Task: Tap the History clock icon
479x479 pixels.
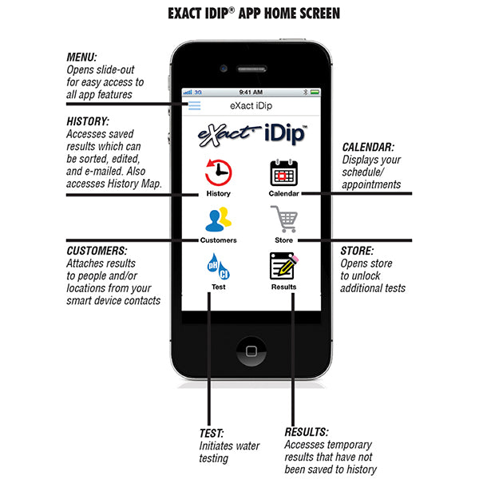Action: [218, 172]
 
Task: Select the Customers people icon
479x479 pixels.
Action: [218, 219]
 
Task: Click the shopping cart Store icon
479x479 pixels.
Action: [284, 219]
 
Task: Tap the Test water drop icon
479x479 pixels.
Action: [218, 265]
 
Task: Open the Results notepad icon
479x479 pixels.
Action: [283, 265]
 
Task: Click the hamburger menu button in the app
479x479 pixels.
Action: [194, 105]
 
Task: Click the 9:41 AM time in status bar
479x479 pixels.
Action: [251, 92]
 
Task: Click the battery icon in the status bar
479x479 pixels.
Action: [315, 92]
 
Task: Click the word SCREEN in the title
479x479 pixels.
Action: [313, 14]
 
